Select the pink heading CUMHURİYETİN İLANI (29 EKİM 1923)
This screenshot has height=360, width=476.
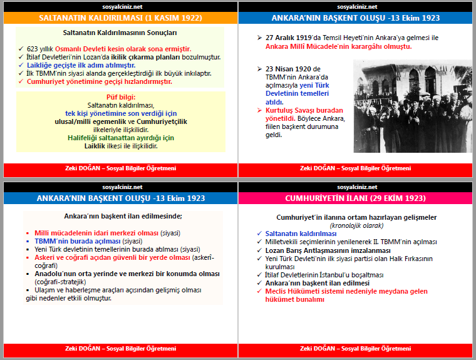pyautogui.click(x=356, y=198)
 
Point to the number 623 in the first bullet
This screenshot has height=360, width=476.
pyautogui.click(x=33, y=49)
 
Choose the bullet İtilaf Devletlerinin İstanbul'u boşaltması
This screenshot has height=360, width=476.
pyautogui.click(x=324, y=274)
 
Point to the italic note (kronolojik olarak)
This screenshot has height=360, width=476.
pyautogui.click(x=356, y=225)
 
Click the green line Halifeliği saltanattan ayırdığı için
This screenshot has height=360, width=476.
pyautogui.click(x=121, y=138)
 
